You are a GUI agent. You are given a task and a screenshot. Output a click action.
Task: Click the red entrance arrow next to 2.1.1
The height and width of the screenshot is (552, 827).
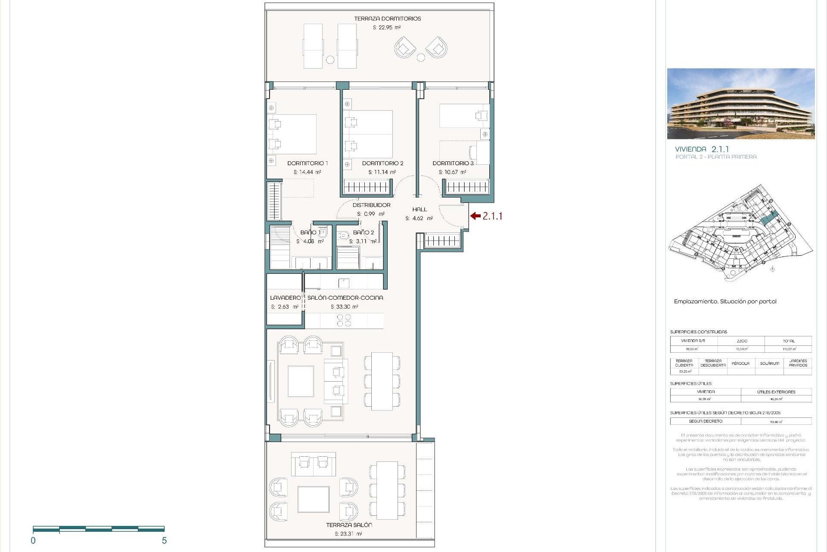[476, 216]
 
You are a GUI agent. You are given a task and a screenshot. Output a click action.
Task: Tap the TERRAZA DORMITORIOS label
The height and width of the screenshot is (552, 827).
[387, 19]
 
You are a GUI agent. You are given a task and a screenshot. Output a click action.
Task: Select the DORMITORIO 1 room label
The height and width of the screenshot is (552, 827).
[308, 163]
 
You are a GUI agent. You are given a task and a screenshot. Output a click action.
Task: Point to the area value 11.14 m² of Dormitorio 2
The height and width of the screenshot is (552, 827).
[382, 172]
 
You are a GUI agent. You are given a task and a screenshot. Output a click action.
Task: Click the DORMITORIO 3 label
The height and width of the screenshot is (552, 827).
[453, 163]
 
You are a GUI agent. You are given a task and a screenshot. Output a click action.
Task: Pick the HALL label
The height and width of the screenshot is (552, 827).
[419, 210]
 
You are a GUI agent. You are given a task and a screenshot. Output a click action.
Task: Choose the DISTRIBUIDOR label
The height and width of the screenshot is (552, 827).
[371, 205]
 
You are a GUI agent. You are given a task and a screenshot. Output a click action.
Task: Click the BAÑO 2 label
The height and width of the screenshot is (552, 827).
[363, 232]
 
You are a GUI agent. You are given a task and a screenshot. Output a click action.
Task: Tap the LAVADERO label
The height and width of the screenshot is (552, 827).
[285, 298]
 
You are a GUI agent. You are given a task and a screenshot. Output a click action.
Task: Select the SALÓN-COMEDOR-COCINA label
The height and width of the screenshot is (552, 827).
[345, 298]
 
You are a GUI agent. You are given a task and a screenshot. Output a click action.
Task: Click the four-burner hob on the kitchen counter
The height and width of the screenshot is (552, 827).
[344, 320]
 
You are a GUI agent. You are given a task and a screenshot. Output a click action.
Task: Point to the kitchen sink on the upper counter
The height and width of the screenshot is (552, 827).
[344, 283]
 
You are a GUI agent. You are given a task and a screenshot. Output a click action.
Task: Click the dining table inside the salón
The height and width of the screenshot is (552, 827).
[382, 381]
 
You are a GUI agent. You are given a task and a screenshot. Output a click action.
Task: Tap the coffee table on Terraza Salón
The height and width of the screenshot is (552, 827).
[314, 499]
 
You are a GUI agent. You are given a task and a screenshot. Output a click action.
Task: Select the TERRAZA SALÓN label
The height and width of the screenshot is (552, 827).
[349, 525]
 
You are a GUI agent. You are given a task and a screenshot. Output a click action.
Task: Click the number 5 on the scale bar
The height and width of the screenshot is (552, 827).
[164, 541]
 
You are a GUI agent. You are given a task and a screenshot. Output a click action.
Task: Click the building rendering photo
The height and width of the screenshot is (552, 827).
[741, 103]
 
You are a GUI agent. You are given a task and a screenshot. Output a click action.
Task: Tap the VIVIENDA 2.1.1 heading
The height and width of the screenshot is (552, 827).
[702, 149]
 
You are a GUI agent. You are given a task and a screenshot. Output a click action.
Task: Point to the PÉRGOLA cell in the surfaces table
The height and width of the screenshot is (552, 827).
[740, 364]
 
